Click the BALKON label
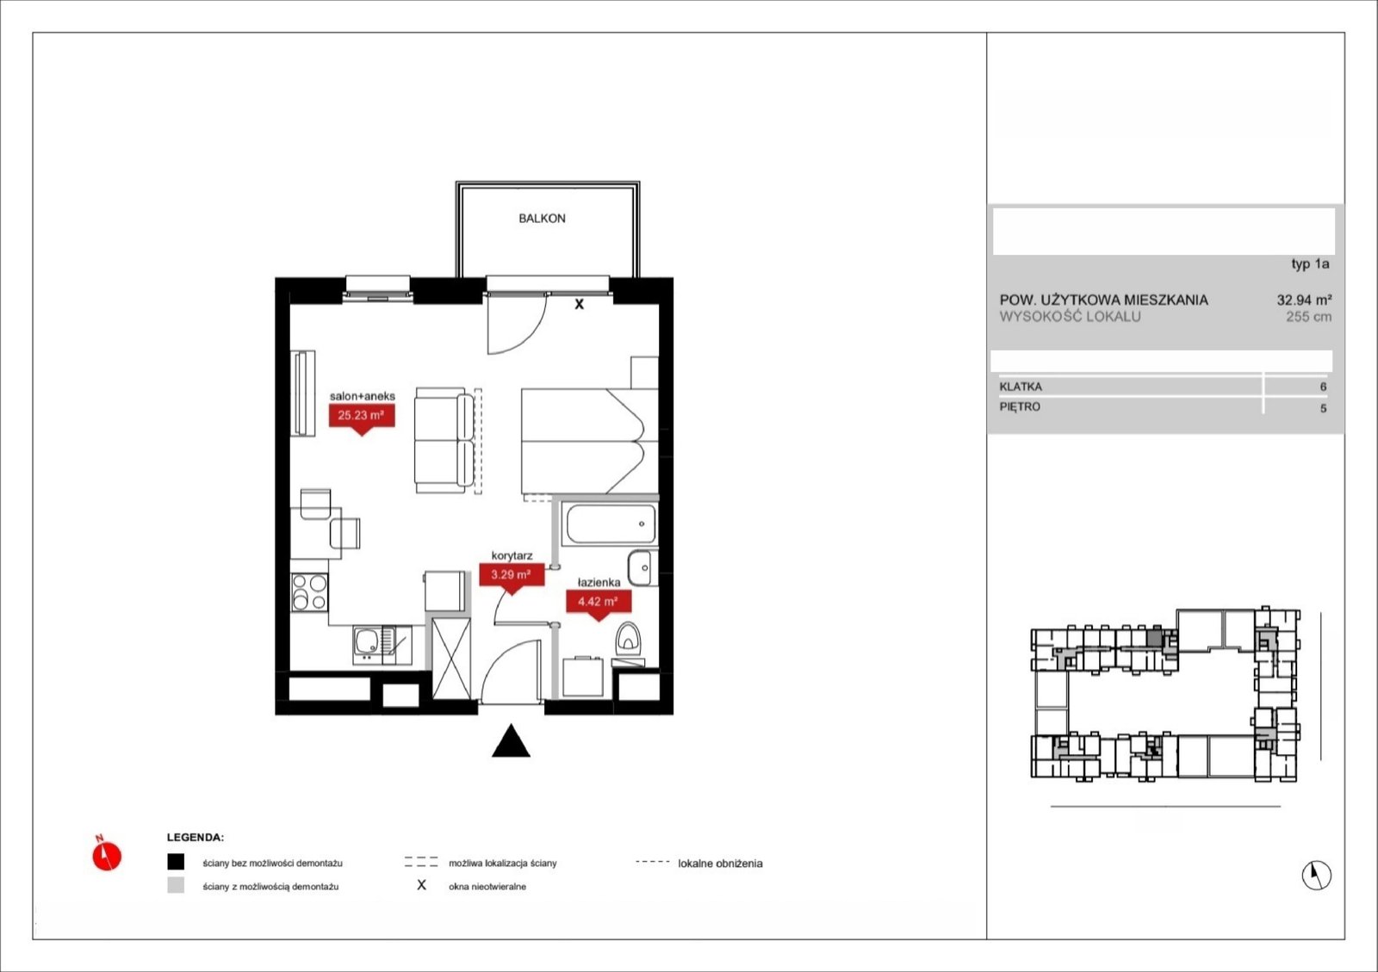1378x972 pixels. click(x=542, y=219)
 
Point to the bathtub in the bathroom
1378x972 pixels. click(x=610, y=523)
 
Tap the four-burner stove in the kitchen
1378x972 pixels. click(x=309, y=592)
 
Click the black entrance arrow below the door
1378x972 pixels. click(x=511, y=740)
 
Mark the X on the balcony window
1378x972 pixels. click(x=579, y=304)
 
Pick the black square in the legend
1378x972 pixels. click(x=176, y=862)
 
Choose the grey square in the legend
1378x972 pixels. click(x=176, y=885)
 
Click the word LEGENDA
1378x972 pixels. click(x=195, y=838)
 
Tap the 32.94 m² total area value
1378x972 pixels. click(x=1304, y=300)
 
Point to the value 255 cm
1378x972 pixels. click(x=1308, y=317)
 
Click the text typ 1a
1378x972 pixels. click(x=1310, y=264)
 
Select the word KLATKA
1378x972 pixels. click(x=1021, y=387)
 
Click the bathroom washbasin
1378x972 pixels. click(x=642, y=568)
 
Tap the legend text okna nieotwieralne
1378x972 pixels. click(x=487, y=887)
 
